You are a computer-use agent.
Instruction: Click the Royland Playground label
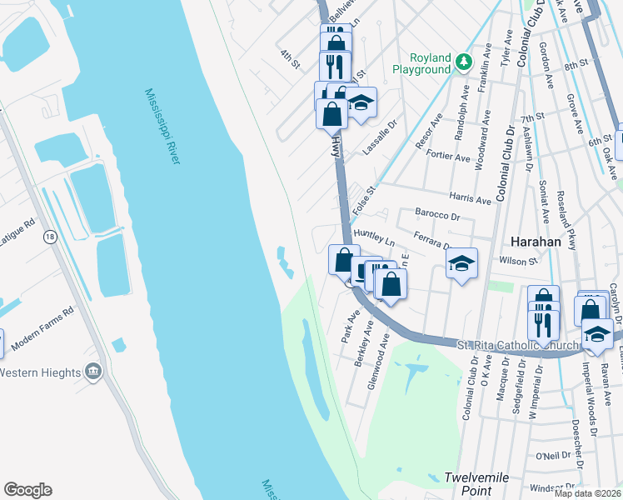[421, 64]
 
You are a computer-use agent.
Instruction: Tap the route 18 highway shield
[50, 237]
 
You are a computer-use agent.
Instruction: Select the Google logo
[27, 490]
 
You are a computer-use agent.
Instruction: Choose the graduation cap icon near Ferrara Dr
[461, 264]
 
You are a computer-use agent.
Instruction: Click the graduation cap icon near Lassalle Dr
[361, 102]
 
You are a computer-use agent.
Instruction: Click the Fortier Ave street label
[450, 156]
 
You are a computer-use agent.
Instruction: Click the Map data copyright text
[587, 493]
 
